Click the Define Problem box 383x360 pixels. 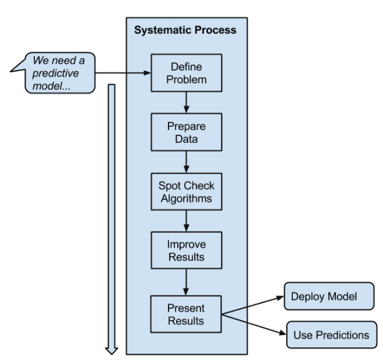[x=186, y=73]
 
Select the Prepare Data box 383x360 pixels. [x=186, y=131]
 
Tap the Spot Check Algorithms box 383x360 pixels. [x=186, y=191]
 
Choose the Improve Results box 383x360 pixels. [x=186, y=251]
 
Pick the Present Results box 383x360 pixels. [x=186, y=315]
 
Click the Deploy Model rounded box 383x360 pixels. [x=328, y=297]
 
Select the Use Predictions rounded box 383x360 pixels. [x=331, y=334]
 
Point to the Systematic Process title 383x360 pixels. [x=185, y=30]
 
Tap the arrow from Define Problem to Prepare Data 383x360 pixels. [x=186, y=102]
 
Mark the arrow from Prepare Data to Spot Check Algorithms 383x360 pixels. [x=186, y=161]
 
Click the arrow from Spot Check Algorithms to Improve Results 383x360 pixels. [x=186, y=221]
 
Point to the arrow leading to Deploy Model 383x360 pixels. [x=253, y=305]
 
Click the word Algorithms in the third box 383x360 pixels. [x=186, y=198]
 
